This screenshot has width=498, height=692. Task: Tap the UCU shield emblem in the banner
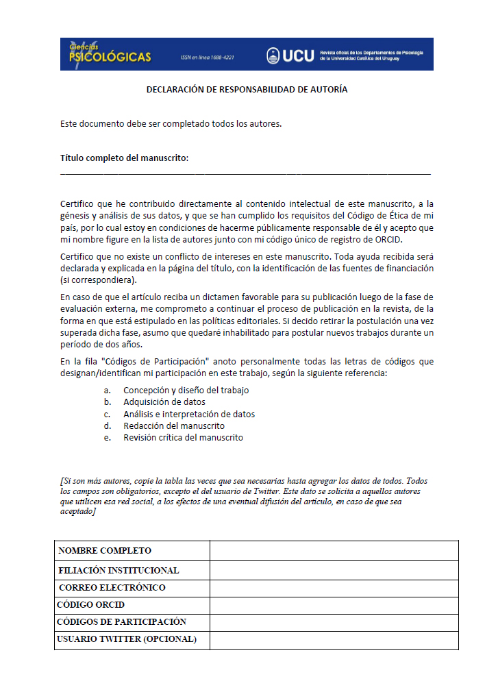point(273,55)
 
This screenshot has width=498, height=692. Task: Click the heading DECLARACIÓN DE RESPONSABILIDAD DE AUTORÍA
point(247,90)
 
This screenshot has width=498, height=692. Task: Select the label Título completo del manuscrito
point(124,158)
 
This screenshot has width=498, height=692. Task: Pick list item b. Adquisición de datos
point(164,402)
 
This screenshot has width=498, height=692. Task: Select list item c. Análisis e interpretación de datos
point(188,414)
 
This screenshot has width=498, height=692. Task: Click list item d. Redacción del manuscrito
point(173,425)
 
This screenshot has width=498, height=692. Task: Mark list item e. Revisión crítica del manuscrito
point(183,437)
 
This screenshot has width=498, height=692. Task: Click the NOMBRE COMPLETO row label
point(105,551)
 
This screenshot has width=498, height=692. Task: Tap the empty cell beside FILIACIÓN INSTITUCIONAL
point(334,570)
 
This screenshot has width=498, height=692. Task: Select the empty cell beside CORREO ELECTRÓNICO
point(334,588)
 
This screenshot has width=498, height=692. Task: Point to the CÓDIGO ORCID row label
point(90,606)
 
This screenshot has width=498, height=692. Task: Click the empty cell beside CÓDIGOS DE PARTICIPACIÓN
point(334,622)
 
